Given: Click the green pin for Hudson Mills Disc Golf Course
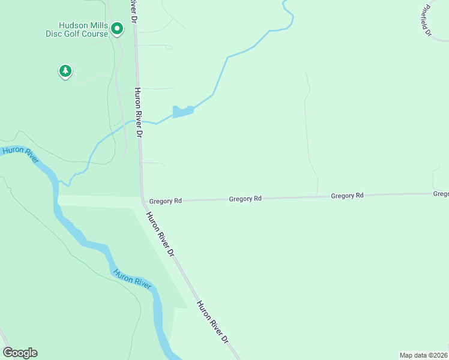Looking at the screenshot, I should [x=118, y=28].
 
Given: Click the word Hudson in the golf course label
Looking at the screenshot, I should [x=75, y=26].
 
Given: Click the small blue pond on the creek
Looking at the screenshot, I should [x=182, y=112].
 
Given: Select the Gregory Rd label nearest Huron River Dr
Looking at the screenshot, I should [x=165, y=201].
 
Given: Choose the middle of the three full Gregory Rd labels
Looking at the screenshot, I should [x=246, y=199].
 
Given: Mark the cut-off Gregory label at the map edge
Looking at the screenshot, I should [x=441, y=194].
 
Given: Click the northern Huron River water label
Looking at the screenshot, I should [x=20, y=154].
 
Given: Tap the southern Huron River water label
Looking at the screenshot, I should [x=132, y=278].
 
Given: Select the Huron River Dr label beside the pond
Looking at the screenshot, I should [x=138, y=113].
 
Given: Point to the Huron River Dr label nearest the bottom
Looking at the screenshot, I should [x=214, y=322].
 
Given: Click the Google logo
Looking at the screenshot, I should [x=20, y=353].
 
